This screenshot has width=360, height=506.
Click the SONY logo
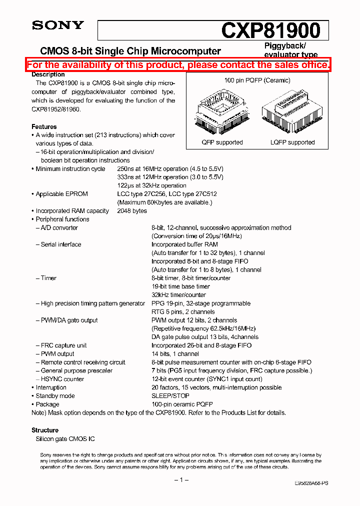(58, 25)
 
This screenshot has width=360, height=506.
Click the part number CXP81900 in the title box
(270, 30)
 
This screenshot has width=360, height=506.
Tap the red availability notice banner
(178, 65)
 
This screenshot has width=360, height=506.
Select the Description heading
(48, 74)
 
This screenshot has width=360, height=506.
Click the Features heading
(44, 127)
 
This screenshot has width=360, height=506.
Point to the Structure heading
(45, 430)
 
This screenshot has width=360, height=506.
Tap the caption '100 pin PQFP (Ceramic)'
(257, 80)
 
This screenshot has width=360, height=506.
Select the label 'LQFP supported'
(292, 142)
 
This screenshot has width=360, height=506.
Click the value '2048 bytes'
(132, 211)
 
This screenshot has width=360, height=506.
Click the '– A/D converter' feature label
(56, 228)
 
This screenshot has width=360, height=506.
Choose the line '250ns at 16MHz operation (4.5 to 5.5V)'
(170, 169)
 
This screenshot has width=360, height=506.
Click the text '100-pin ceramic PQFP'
(182, 404)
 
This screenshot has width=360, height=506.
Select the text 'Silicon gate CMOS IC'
(64, 438)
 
